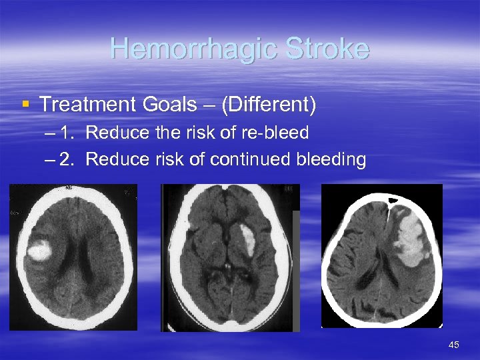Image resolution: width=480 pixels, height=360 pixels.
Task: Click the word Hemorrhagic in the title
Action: click(193, 49)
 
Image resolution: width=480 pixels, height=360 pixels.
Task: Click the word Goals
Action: click(173, 104)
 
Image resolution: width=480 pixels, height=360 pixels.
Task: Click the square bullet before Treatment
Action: click(25, 104)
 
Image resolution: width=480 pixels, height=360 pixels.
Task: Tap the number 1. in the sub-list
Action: click(67, 133)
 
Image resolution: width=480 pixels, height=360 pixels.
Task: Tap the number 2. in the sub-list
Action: click(67, 159)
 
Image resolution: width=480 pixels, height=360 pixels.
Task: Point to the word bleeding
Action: click(333, 159)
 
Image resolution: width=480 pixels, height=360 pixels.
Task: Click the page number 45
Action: click(454, 345)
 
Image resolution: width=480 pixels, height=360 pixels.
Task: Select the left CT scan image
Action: click(73, 257)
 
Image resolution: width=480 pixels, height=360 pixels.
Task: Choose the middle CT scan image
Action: click(231, 257)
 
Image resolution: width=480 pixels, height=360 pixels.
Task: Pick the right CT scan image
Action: click(382, 256)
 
